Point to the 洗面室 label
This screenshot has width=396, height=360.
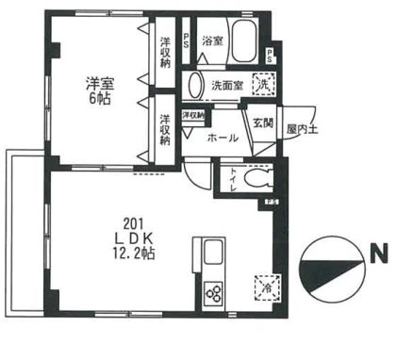coord(227,83)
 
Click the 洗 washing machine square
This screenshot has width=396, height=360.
coord(265,83)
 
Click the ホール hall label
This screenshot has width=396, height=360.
coord(222,138)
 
